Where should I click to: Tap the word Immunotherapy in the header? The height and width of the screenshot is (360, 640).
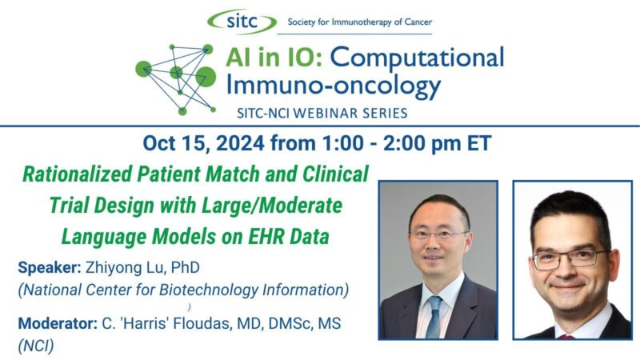pos(361,22)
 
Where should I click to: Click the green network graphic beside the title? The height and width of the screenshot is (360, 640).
pos(177,75)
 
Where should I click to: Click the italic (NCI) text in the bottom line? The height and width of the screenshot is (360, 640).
pos(35,346)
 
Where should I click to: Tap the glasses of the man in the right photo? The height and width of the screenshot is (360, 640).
pos(570,258)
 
